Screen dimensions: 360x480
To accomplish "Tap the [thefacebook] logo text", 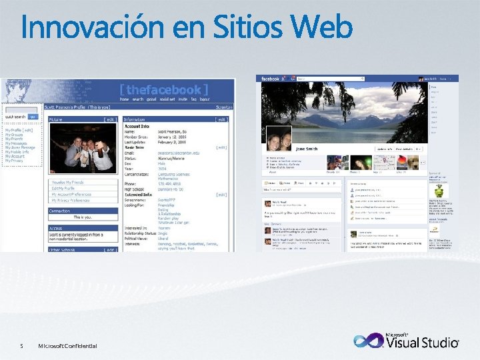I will [163, 89].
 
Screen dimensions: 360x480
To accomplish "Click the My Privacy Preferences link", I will [71, 200].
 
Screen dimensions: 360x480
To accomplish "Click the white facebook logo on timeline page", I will [271, 79].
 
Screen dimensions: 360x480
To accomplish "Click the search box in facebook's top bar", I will [327, 79].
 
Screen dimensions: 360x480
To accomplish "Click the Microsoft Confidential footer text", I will [67, 345].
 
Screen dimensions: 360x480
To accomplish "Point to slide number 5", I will [21, 345].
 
